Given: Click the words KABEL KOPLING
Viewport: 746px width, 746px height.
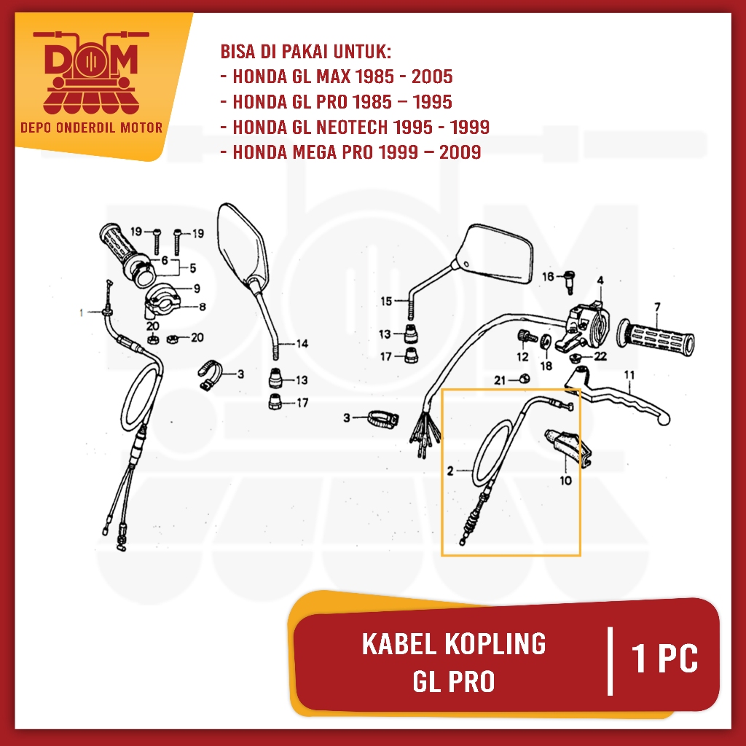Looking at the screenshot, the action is tap(453, 644).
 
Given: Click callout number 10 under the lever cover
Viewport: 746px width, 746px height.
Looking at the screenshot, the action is tap(565, 480).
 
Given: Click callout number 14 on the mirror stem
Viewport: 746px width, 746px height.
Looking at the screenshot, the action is tap(302, 343).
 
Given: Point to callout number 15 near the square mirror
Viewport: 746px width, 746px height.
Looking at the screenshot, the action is tap(386, 300).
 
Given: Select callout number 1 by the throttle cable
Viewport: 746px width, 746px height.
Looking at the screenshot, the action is tap(82, 313).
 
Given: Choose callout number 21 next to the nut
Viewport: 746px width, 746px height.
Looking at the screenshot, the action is tap(499, 380).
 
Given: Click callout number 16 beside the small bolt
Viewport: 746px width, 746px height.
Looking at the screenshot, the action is tap(548, 275).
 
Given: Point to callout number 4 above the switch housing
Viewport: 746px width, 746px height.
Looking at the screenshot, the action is tap(600, 280).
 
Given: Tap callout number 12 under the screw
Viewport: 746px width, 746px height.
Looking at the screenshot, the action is tap(522, 356).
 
